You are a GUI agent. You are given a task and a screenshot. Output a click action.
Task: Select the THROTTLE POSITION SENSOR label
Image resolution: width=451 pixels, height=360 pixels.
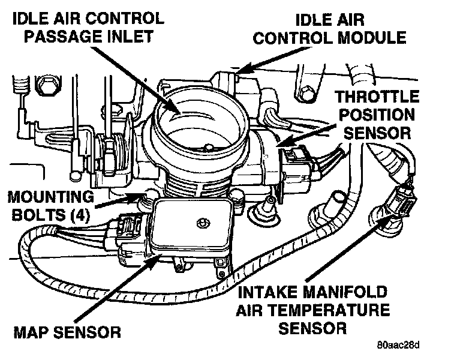coord(374,114)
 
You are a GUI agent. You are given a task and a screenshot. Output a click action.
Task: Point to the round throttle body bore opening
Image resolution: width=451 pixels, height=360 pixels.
coord(201,123)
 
